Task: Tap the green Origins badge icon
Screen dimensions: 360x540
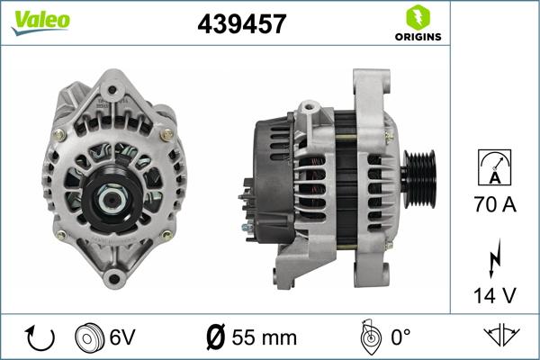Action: [x=417, y=16]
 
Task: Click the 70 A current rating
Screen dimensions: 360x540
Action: [x=495, y=206]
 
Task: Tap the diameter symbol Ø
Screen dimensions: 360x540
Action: [x=215, y=339]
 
